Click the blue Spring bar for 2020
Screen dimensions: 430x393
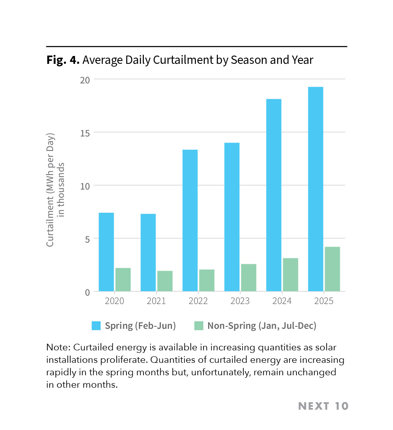tap(106, 252)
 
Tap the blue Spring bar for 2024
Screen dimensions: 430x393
tap(274, 195)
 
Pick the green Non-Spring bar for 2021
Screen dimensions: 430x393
tap(165, 281)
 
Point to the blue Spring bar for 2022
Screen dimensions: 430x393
tap(190, 220)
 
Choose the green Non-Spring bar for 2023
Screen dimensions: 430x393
tap(248, 277)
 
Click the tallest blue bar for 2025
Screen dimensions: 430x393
tap(315, 189)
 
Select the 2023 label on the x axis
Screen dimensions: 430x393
tap(240, 301)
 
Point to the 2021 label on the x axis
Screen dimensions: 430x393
tap(156, 301)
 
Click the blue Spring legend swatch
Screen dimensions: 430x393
tap(96, 326)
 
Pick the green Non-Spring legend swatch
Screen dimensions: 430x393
tap(199, 326)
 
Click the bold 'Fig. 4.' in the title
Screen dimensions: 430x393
tap(63, 60)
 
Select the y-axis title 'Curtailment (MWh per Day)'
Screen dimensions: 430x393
tap(51, 190)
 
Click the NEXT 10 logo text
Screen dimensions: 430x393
tap(323, 406)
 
